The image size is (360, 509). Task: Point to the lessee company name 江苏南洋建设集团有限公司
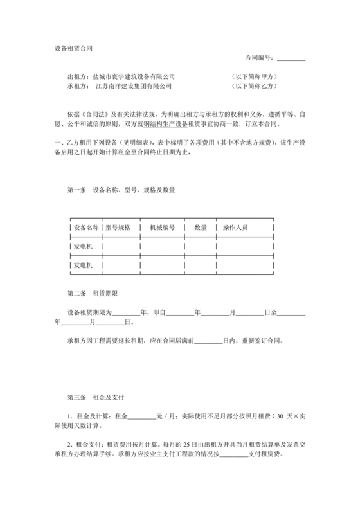(134, 85)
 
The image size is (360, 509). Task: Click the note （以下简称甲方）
(253, 76)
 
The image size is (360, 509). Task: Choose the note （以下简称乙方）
(253, 85)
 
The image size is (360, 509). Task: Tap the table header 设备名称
(86, 228)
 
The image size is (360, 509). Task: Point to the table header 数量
(201, 228)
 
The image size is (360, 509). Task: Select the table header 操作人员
(235, 228)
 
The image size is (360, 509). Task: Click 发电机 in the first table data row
(84, 246)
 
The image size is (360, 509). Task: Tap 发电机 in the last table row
(84, 265)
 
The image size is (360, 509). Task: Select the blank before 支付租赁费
(235, 453)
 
